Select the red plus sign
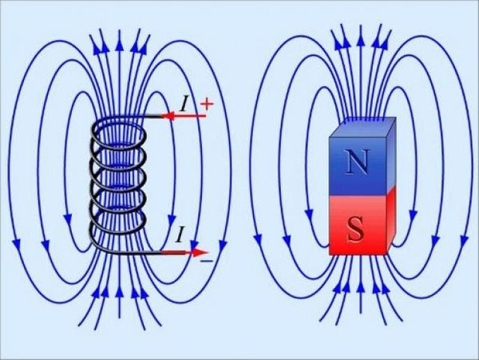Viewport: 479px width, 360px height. click(208, 104)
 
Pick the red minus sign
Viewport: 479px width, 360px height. click(206, 260)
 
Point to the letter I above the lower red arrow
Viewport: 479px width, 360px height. click(182, 234)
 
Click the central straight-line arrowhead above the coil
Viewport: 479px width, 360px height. click(119, 36)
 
